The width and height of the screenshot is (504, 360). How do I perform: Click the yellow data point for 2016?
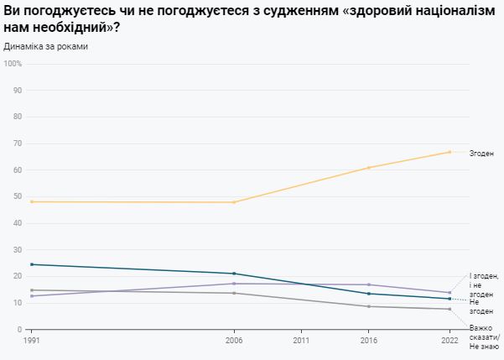tap(369, 168)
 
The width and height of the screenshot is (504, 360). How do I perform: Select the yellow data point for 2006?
tap(234, 202)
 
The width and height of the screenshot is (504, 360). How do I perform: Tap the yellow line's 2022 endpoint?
tap(450, 152)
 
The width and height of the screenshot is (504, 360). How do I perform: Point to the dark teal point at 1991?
tap(32, 264)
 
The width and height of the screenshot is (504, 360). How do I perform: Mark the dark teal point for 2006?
tap(234, 274)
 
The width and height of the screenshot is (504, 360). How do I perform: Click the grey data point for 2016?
tap(369, 306)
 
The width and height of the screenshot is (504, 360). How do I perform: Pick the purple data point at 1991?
tap(32, 296)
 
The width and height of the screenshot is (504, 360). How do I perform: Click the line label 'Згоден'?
tap(481, 153)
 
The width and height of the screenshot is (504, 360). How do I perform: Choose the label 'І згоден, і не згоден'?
tap(484, 285)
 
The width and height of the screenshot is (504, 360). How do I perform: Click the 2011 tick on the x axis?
tap(301, 341)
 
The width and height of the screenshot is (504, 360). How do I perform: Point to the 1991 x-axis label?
tap(32, 341)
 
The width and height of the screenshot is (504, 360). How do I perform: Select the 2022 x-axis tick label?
tap(450, 341)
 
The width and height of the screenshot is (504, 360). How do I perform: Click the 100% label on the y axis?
tap(13, 63)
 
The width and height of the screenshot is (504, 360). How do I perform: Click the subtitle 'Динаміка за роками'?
tap(46, 46)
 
